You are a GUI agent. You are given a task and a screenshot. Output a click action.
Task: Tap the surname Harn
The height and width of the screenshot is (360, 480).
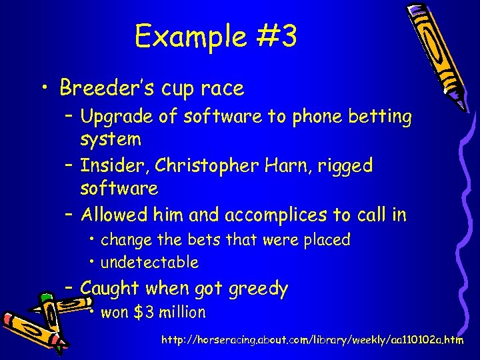point(288,165)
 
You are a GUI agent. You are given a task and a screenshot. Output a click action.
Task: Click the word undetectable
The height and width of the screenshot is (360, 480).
point(149,263)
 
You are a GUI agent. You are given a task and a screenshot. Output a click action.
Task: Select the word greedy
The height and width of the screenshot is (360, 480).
point(258,289)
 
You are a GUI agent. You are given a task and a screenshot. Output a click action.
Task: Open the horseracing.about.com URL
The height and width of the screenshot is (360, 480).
point(313,340)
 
